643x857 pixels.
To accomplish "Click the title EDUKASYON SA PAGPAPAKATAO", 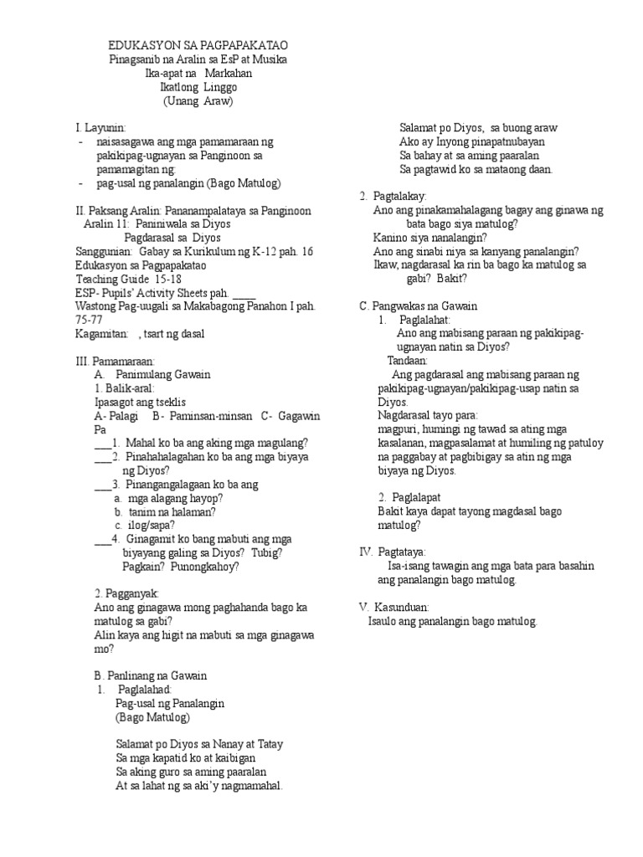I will tap(198, 46).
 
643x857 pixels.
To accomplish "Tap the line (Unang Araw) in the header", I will tap(198, 101).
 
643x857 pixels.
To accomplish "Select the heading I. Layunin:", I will tap(100, 128).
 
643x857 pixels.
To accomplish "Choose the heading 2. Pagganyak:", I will tap(122, 593).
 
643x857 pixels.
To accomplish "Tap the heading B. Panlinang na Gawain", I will tap(151, 675).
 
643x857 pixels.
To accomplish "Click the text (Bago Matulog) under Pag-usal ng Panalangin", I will tap(153, 717).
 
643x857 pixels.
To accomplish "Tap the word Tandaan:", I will tap(407, 360).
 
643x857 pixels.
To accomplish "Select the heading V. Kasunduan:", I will tap(394, 606).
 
